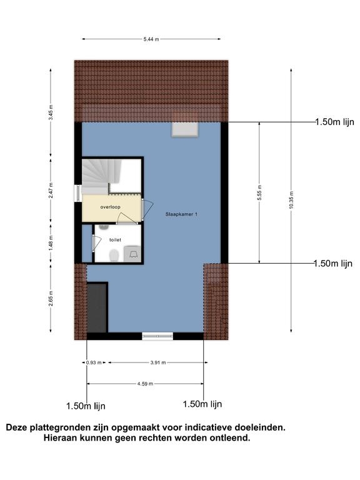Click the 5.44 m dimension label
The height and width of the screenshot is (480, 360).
[x=151, y=39]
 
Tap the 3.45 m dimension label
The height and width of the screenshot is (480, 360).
[x=51, y=112]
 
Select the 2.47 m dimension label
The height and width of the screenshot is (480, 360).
[x=51, y=191]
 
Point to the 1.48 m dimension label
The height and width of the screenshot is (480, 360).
[x=51, y=242]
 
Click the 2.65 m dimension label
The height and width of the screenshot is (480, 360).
[x=51, y=298]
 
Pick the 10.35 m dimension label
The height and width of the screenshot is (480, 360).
[x=291, y=200]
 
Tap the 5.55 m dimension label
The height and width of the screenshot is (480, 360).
[x=259, y=193]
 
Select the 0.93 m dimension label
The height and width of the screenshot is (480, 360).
[x=94, y=362]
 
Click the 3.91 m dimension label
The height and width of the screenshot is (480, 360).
[x=158, y=362]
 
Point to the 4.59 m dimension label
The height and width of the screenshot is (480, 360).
[x=145, y=384]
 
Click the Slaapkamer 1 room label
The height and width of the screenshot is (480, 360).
[x=181, y=214]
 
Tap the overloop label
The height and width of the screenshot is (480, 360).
[x=110, y=207]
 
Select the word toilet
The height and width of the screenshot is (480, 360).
[x=115, y=240]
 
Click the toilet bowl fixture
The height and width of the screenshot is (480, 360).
[x=114, y=255]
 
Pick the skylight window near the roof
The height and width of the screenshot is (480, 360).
[x=184, y=129]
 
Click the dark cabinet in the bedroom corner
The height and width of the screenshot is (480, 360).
[x=97, y=307]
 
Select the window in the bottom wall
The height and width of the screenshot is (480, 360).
[x=157, y=336]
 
